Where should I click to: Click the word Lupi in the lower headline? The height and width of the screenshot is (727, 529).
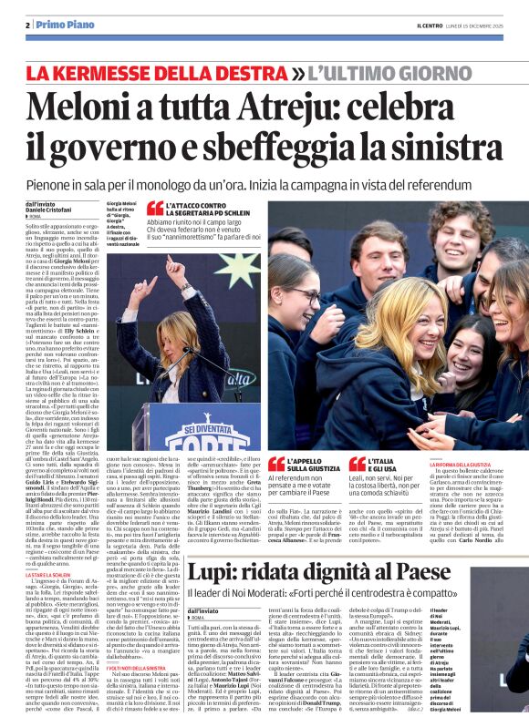(x=213, y=548)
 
